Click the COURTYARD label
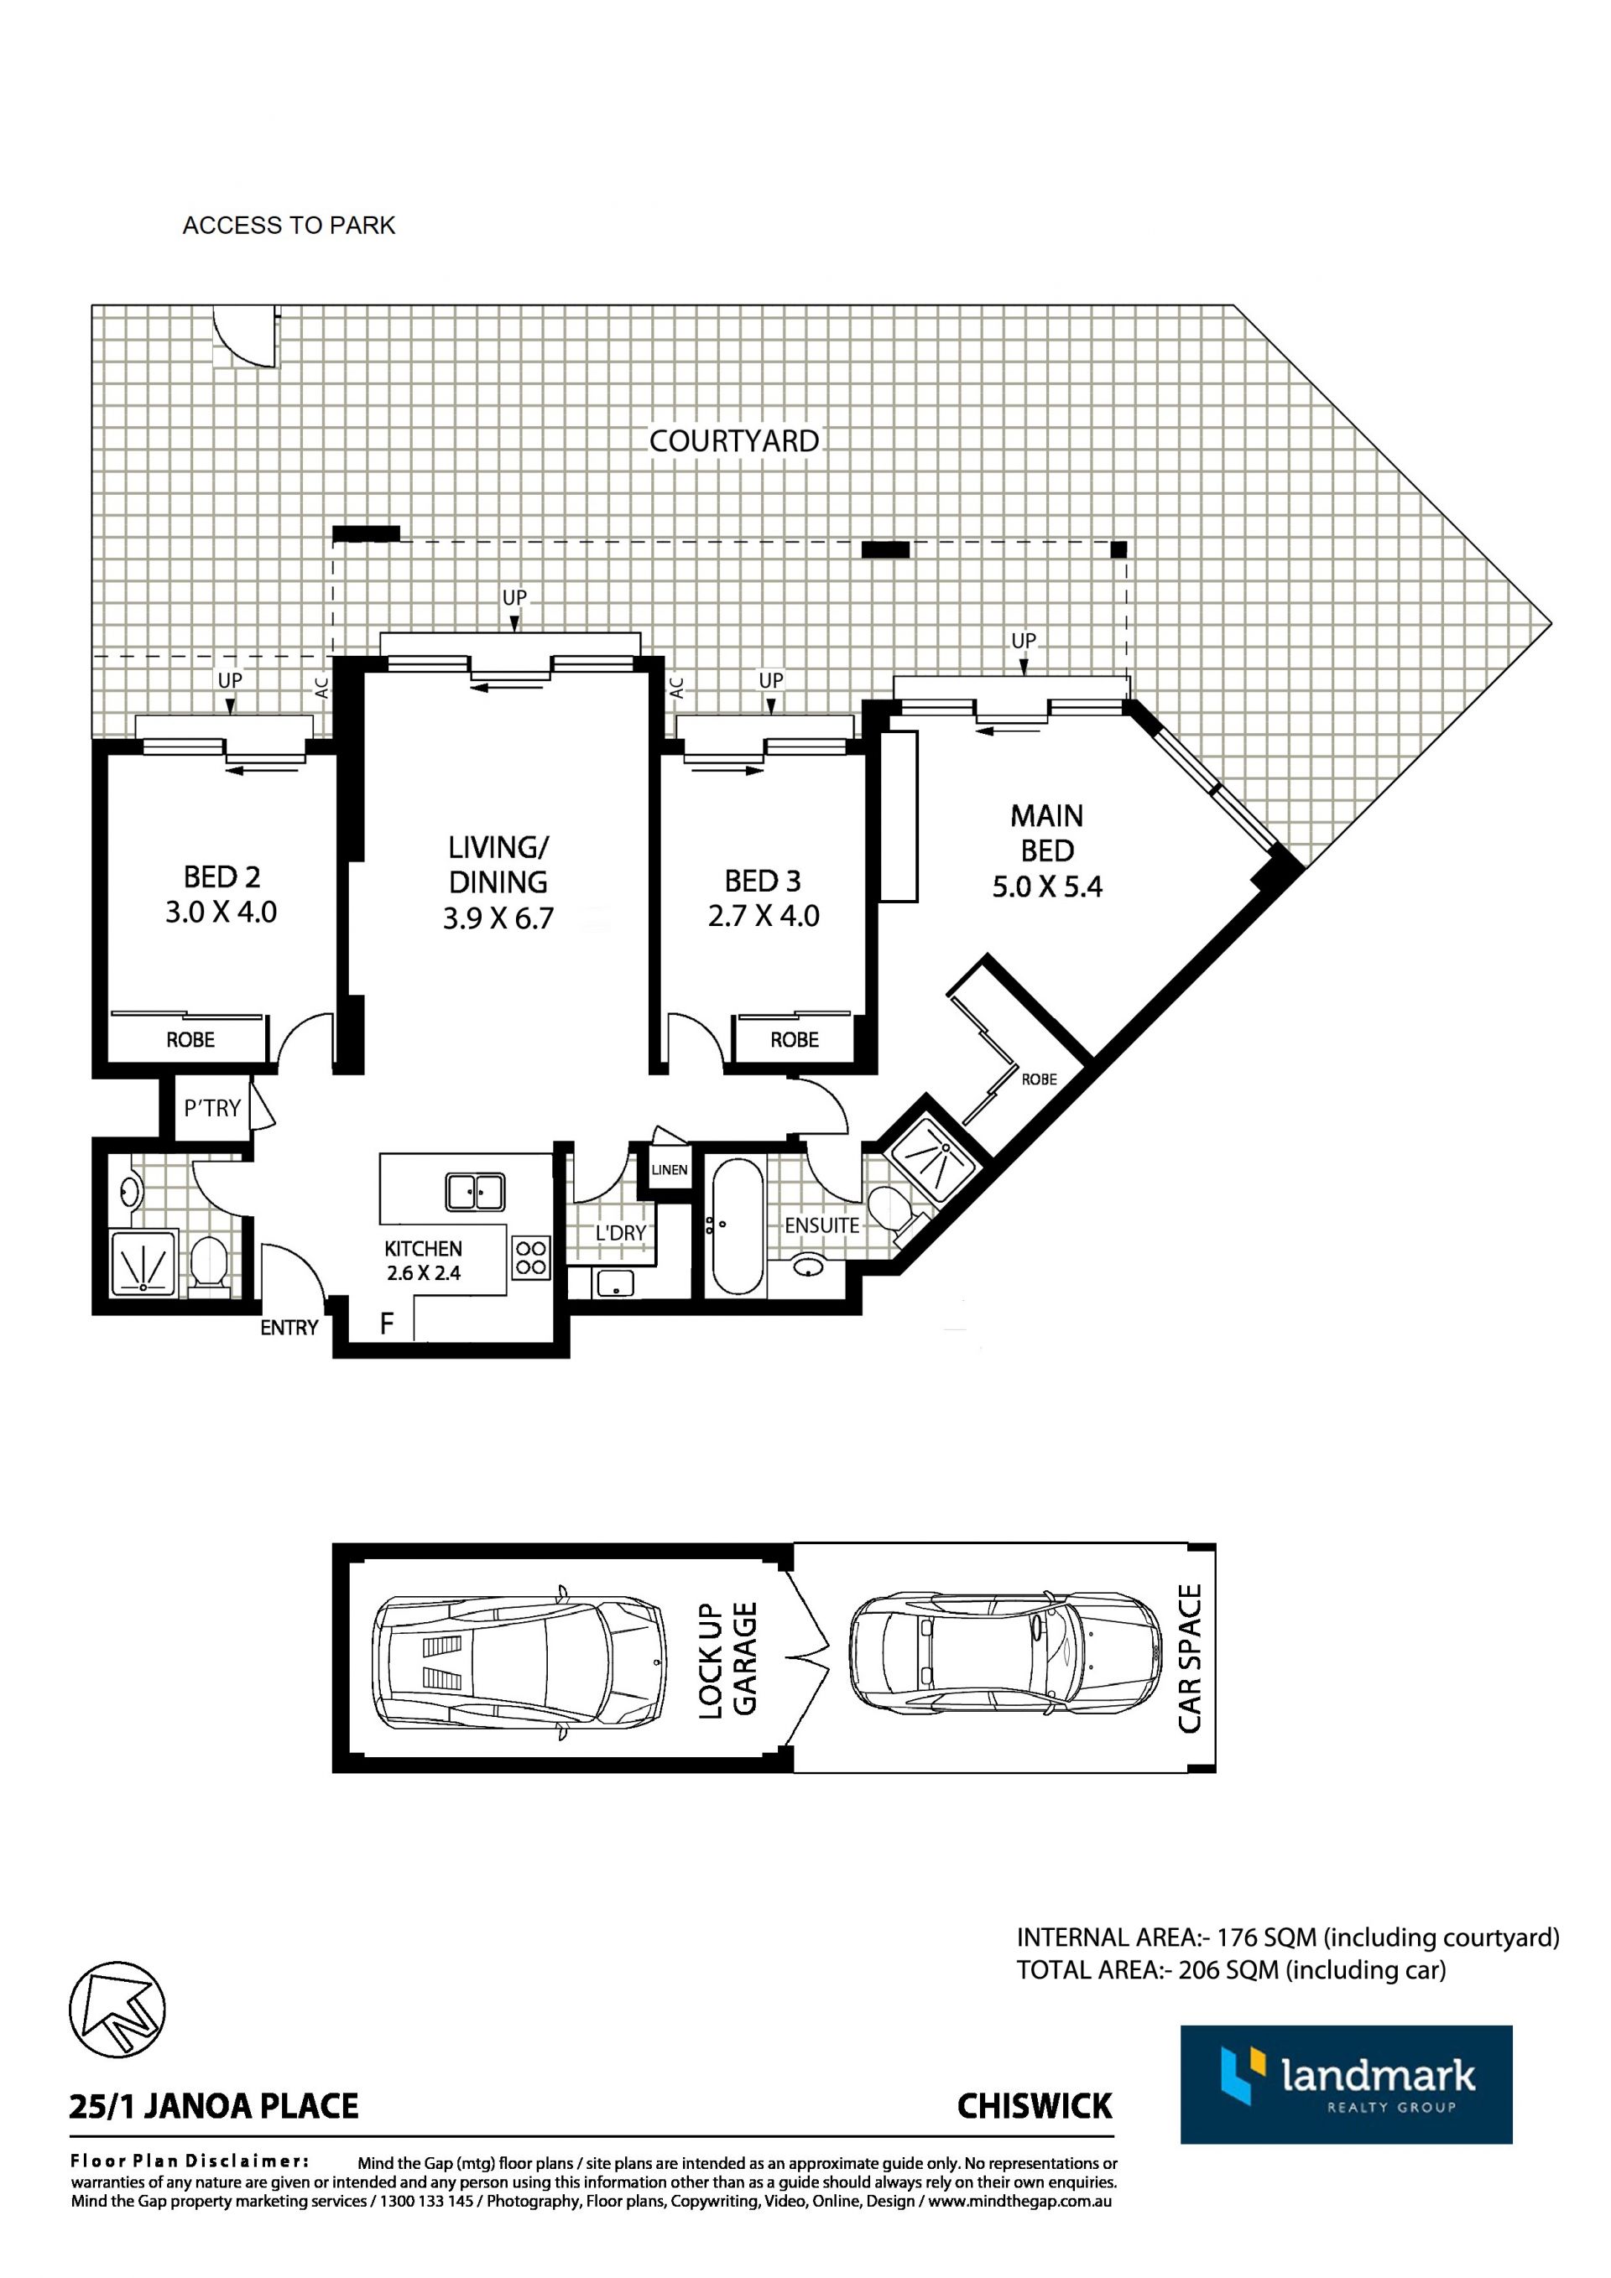coord(733,440)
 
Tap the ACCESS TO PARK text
coord(289,226)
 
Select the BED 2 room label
coord(222,877)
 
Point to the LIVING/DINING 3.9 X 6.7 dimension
coord(498,918)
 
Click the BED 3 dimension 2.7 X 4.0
coord(764,915)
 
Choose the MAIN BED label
coord(1047,834)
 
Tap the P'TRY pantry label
coord(212,1108)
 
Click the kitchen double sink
coord(476,1192)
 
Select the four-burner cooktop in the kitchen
coord(531,1259)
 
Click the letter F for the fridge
coord(387,1323)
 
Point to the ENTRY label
coord(289,1328)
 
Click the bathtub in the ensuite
coord(736,1225)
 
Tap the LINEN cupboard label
coord(669,1170)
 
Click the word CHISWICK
coord(1035,2105)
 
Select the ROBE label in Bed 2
coord(190,1040)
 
